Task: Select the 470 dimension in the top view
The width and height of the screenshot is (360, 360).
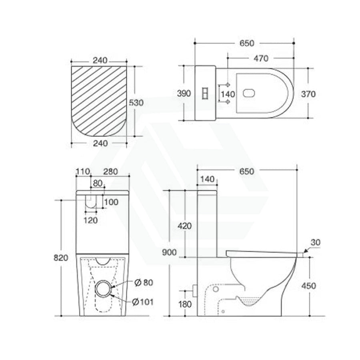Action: [260, 58]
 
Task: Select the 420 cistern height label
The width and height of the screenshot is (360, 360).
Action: [184, 226]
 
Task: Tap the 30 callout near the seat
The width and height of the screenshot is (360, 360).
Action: [315, 242]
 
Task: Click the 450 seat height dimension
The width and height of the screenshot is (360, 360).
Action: [308, 286]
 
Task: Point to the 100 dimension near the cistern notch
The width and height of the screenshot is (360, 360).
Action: [111, 202]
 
